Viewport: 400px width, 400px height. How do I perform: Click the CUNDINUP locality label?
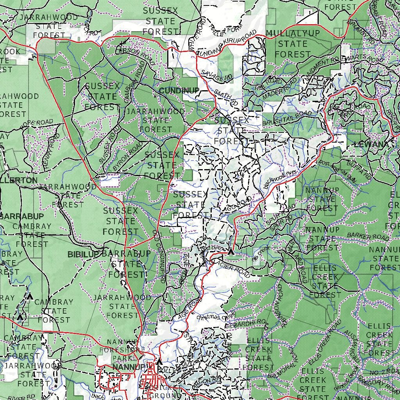179,91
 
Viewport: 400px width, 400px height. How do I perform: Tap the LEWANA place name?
371,145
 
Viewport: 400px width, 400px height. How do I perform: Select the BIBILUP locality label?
83,255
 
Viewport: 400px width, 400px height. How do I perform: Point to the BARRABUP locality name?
21,216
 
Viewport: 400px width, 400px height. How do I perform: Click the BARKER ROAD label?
368,236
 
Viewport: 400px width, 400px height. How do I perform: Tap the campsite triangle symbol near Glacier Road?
231,252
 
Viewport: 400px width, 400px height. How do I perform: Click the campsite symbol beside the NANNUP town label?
159,362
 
